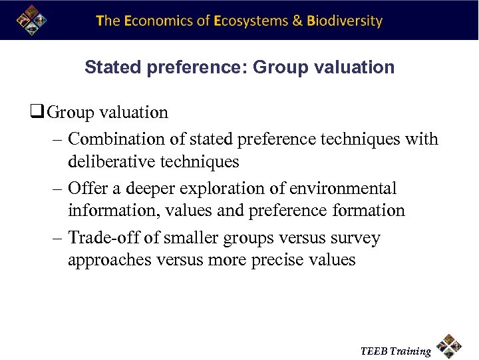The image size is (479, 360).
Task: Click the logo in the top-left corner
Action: (31, 19)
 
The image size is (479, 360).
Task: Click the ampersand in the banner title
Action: (297, 21)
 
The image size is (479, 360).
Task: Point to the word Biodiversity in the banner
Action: (345, 21)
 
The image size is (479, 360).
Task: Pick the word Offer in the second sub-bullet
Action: (86, 189)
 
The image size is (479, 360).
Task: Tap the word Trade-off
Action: (100, 238)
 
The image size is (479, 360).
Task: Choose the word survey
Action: (357, 238)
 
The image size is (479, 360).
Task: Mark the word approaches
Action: (110, 260)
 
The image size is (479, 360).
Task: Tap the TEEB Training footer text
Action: (395, 351)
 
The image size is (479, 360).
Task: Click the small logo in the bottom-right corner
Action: (450, 346)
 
